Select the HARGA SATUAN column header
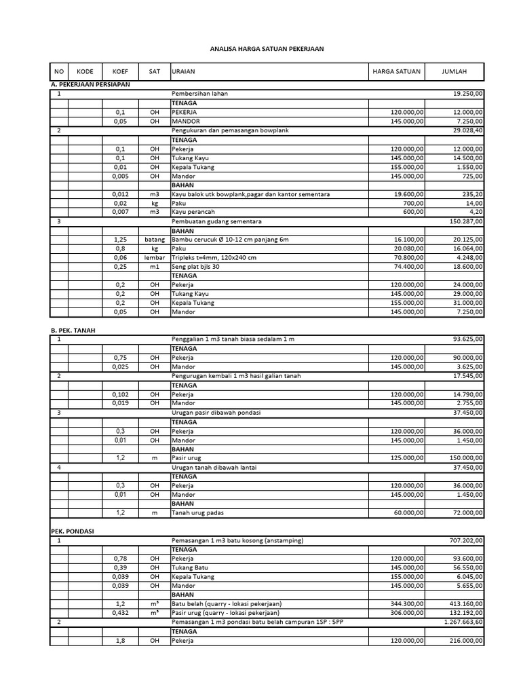[396, 71]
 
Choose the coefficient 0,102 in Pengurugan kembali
[121, 394]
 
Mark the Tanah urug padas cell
[197, 512]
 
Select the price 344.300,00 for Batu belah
[406, 604]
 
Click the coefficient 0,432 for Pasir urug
[121, 613]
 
